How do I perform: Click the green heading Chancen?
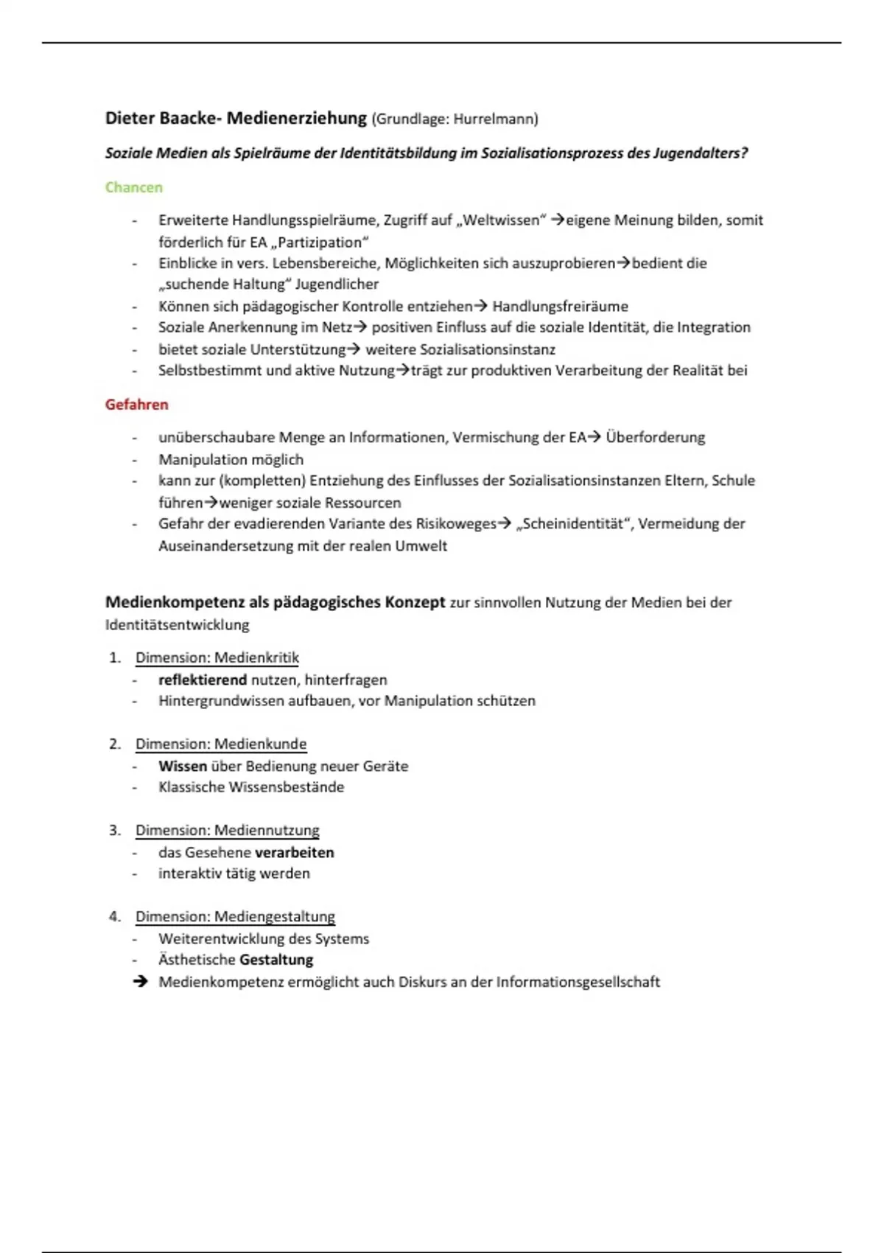pos(133,187)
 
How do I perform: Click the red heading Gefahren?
pos(136,405)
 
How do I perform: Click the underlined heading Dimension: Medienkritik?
pos(217,657)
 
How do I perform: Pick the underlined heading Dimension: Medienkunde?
pos(220,744)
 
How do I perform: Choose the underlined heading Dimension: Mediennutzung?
pos(227,830)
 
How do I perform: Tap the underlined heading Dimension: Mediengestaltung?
pos(234,916)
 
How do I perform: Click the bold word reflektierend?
pos(203,680)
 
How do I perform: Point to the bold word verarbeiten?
pos(294,852)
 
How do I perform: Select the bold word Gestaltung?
pos(276,960)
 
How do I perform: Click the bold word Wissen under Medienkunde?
pos(182,766)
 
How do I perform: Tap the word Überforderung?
pos(655,437)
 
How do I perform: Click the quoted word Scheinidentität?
pos(575,524)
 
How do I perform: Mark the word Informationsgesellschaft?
pos(578,982)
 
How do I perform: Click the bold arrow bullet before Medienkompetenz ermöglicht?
pos(140,982)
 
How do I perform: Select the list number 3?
pos(114,830)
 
